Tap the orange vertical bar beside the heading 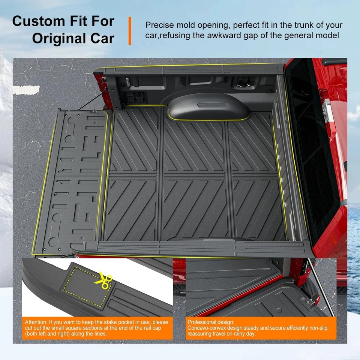click(x=129, y=31)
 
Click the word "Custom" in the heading click(x=37, y=21)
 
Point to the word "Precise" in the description click(x=160, y=25)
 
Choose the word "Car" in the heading click(x=101, y=39)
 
